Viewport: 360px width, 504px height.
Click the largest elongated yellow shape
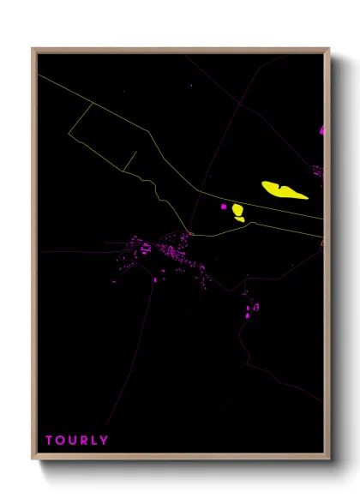(285, 189)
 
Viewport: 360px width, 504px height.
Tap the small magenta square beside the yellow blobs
(225, 206)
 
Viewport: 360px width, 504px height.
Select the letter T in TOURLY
(49, 441)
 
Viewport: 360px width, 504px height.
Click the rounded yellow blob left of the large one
(237, 209)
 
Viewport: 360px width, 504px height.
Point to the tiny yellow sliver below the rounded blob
(239, 219)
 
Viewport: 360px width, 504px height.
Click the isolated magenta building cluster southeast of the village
(253, 307)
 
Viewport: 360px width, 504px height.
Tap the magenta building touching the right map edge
(322, 131)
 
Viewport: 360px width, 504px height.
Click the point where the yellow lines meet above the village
(190, 232)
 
